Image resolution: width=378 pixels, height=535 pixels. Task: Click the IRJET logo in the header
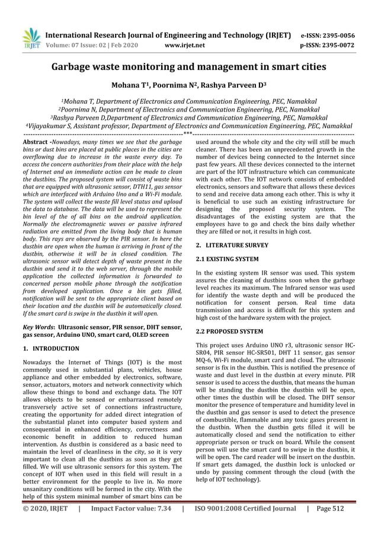[x=30, y=38]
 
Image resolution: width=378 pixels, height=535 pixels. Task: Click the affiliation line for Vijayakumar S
[x=189, y=126]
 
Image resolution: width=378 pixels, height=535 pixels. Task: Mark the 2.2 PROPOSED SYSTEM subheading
[x=229, y=331]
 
